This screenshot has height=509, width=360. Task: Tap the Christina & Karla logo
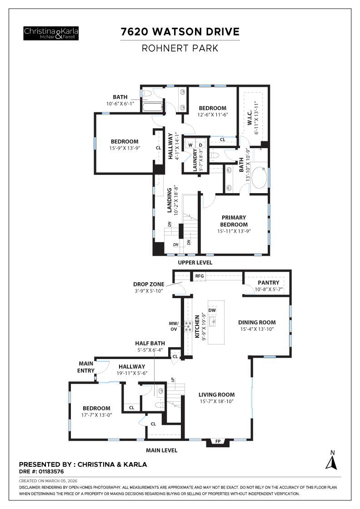click(x=51, y=33)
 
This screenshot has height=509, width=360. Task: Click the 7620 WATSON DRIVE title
click(x=180, y=32)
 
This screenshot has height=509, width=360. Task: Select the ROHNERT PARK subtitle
click(x=180, y=48)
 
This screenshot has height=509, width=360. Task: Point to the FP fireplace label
click(x=218, y=441)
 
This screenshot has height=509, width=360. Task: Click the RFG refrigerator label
click(x=199, y=276)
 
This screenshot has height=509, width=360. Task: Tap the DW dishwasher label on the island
click(x=212, y=310)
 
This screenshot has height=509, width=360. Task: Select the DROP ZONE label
click(x=149, y=284)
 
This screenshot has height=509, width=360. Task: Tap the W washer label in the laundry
click(x=191, y=145)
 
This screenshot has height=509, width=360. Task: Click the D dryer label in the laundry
click(x=200, y=145)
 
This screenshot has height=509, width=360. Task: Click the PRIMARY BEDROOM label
click(x=234, y=221)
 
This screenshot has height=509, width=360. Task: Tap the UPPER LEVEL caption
click(x=195, y=263)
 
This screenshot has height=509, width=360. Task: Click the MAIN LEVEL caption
click(x=161, y=450)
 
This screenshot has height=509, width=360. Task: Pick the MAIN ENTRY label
click(x=86, y=366)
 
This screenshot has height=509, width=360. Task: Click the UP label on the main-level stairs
click(x=173, y=379)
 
